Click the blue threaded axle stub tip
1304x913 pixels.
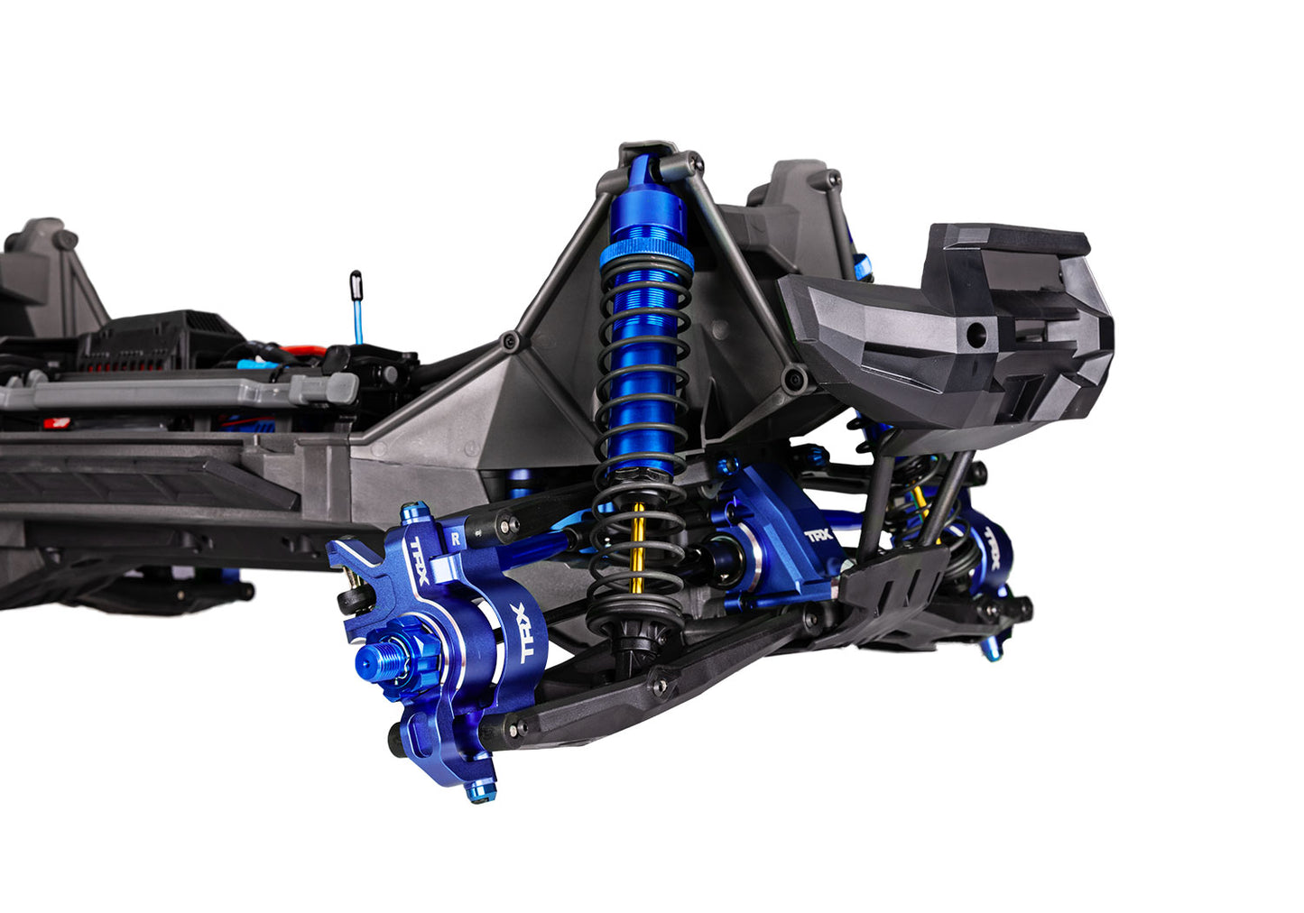[x=366, y=664]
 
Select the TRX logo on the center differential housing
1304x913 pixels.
[x=818, y=535]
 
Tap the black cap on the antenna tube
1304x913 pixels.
[x=356, y=285]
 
